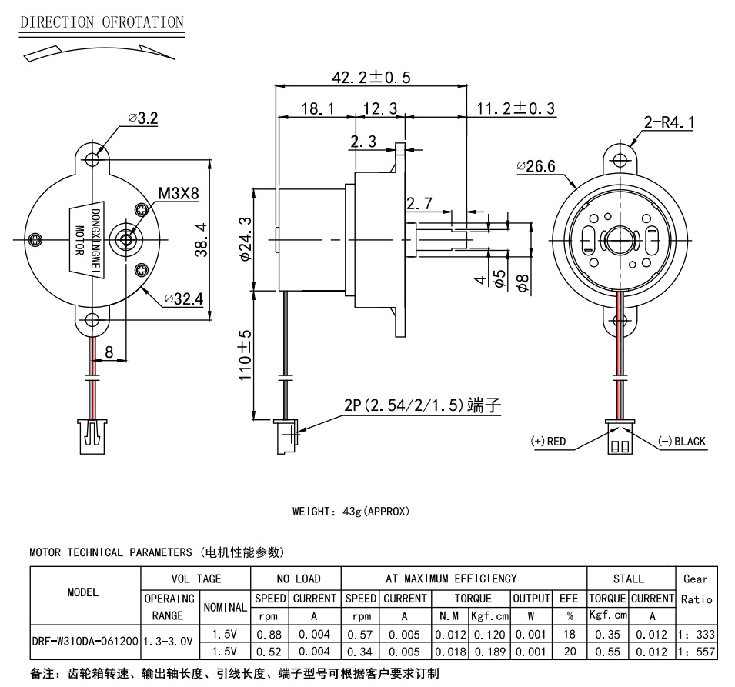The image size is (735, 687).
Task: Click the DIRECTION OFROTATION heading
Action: [102, 22]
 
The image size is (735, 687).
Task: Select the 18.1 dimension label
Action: [317, 109]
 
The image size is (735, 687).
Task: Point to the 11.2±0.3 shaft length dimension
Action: [516, 108]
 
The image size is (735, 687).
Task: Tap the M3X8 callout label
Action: [178, 193]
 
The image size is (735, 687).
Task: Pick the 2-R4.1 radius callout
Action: [669, 122]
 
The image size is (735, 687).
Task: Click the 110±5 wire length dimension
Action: [246, 356]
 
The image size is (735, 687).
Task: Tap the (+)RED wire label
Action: [548, 442]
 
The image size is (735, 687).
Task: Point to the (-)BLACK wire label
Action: [681, 442]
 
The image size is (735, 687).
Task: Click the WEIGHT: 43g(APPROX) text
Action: [350, 511]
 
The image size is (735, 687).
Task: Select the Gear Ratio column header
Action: [697, 589]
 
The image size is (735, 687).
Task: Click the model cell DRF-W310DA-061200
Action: [85, 640]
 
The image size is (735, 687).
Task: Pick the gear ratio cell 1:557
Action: [697, 652]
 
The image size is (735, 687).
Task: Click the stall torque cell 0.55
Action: [608, 652]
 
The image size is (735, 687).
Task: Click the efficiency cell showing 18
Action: [570, 635]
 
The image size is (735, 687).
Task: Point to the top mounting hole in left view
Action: [93, 159]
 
